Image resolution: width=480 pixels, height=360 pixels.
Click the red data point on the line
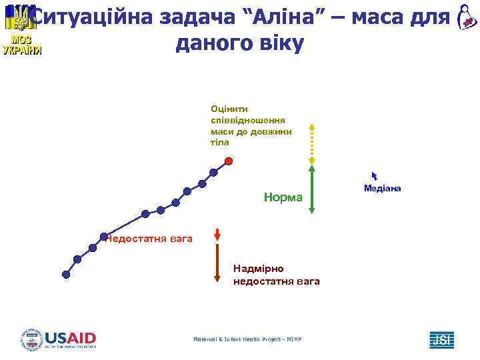pos(229,161)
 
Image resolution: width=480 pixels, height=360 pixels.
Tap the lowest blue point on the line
pos(66,273)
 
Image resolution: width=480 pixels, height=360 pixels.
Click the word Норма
pos(283,197)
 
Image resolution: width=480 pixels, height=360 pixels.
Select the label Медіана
pos(382,189)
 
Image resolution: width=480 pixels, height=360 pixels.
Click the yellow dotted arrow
pos(311,143)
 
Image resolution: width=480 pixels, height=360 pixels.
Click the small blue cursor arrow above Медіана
pos(375,176)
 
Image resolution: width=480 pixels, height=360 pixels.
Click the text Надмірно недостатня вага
pos(276,275)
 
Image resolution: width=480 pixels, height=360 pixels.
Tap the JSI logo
pos(441,339)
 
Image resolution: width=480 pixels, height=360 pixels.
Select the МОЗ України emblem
pos(21,30)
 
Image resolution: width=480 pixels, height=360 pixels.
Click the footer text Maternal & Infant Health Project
pos(247,339)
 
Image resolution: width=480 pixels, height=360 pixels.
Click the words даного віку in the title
pos(239,44)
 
